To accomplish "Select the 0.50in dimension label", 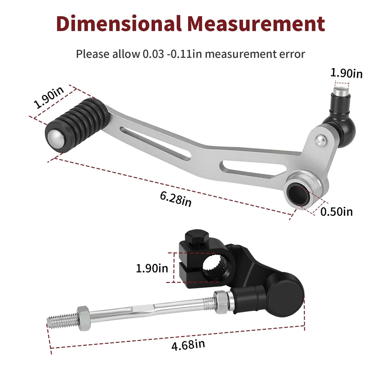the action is point(336,211).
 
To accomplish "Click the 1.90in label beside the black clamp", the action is point(152,268).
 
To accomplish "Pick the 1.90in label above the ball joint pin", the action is point(346,73).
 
